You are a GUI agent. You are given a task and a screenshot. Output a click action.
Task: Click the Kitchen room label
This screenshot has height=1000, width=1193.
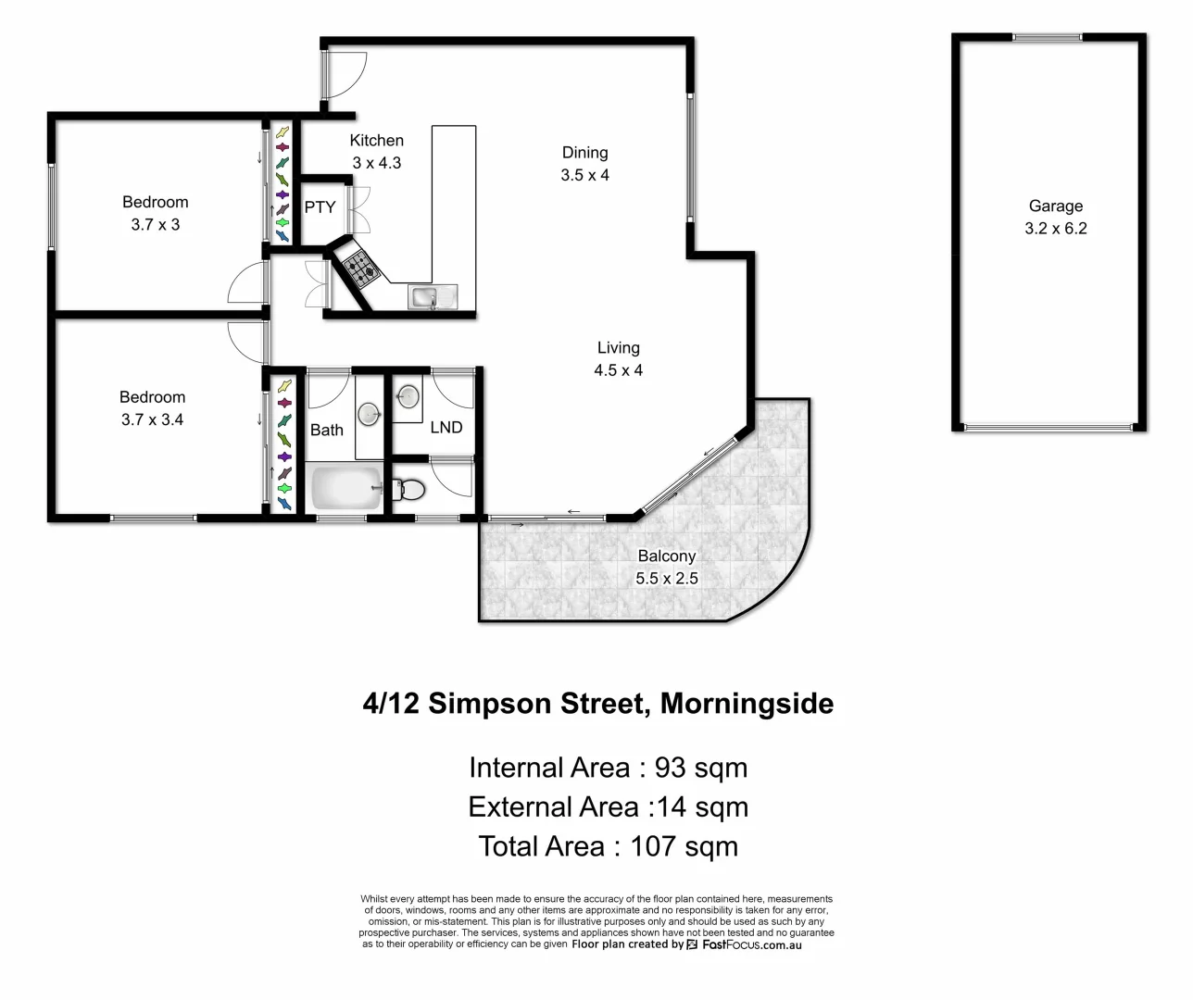376,141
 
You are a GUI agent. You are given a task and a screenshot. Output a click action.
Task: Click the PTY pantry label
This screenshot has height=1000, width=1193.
320,207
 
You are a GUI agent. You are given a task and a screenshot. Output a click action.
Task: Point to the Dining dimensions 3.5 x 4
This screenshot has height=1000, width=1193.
584,175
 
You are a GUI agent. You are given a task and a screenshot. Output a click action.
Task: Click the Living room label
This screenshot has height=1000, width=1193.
618,347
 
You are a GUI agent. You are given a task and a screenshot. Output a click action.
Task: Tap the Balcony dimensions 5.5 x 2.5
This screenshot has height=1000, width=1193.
666,579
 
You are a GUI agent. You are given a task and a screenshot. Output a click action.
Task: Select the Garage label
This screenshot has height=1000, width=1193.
1055,206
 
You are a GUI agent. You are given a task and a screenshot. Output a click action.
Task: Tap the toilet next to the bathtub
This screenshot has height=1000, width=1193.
408,489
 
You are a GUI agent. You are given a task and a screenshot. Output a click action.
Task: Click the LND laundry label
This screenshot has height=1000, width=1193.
446,427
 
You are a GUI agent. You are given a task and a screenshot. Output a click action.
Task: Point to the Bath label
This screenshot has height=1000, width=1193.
326,430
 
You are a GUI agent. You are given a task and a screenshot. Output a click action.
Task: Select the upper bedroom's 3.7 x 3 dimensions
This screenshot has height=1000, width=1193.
155,224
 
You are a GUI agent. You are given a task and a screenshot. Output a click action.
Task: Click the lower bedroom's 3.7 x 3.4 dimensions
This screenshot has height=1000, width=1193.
152,419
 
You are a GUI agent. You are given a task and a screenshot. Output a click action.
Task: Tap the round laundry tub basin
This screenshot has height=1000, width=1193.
406,397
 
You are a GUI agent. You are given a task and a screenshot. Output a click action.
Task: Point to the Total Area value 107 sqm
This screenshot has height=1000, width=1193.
684,846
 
